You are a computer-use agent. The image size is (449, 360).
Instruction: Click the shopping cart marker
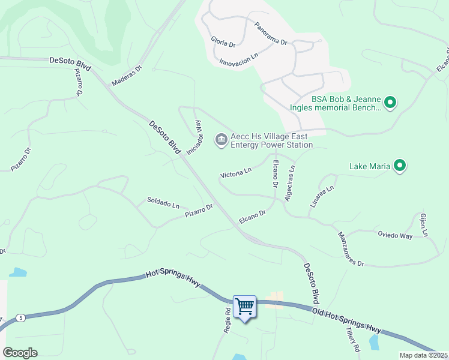[244, 307]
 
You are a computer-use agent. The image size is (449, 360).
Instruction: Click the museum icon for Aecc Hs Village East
[221, 140]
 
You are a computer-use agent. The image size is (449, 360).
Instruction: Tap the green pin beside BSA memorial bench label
[390, 103]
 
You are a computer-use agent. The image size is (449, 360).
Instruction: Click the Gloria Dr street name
[223, 41]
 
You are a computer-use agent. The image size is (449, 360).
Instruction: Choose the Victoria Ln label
[236, 173]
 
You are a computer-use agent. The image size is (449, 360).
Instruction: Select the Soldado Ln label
[163, 203]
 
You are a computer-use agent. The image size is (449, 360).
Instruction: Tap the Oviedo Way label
[394, 236]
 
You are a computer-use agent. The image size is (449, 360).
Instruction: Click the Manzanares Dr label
[351, 249]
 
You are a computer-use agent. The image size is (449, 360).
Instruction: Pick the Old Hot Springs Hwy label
[346, 320]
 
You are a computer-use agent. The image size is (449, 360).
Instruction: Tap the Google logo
[20, 352]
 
